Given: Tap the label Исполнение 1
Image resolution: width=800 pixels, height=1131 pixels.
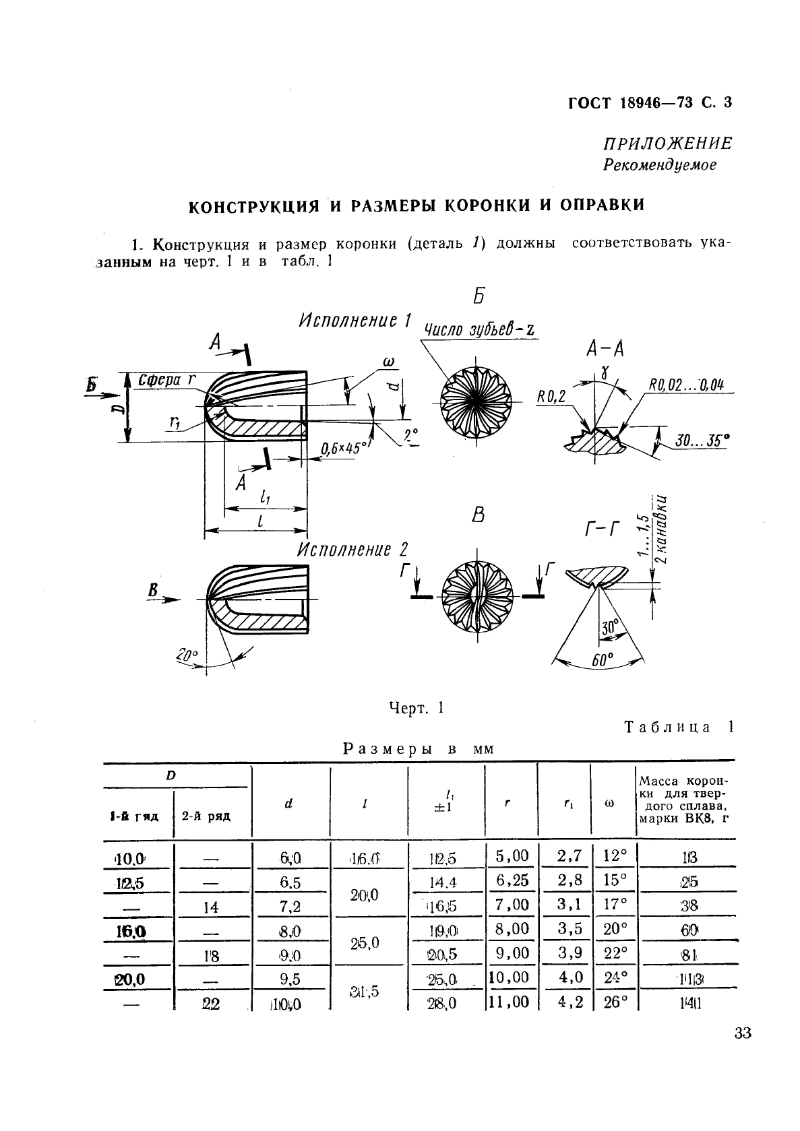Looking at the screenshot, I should (x=355, y=320).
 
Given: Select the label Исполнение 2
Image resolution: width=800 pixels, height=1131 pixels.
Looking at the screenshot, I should (x=353, y=550).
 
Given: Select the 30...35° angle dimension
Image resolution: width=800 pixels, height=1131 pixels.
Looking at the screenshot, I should (x=702, y=441).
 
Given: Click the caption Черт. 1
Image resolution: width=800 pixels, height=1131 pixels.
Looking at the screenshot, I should (x=416, y=708).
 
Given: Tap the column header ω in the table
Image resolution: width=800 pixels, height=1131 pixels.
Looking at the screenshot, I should (x=611, y=802).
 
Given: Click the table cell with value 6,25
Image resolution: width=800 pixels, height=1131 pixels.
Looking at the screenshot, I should (x=512, y=880).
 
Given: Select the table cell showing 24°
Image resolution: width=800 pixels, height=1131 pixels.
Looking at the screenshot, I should (x=615, y=977).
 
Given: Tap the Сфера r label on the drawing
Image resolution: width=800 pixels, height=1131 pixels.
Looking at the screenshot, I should (x=166, y=381).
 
